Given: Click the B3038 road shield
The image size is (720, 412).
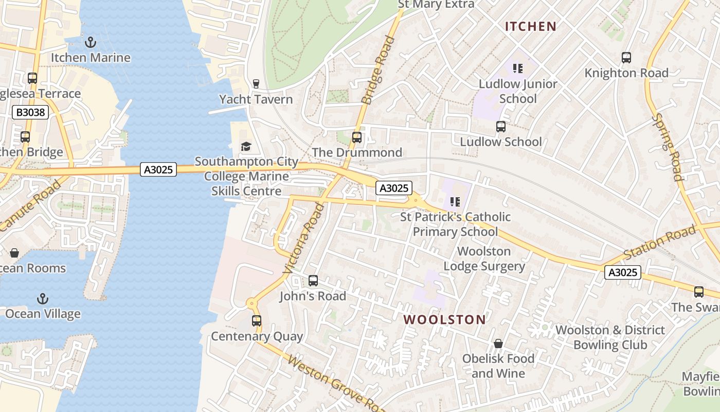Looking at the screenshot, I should pos(30,112).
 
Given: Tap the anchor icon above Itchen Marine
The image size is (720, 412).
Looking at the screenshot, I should pos(91,42).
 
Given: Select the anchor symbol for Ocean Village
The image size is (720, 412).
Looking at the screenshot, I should pos(43,299).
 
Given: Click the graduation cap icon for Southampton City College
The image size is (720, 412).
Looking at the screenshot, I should pos(246,147).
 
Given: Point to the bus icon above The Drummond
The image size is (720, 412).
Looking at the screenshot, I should pos(357,138).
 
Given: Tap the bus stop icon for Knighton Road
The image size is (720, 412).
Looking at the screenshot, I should pos(626,58).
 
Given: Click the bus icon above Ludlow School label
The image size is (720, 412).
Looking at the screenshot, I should pos(500,127).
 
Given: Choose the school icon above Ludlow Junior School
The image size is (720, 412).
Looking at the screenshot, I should pos(518,68).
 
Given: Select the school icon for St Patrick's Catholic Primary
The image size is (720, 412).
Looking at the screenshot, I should pos(455,202).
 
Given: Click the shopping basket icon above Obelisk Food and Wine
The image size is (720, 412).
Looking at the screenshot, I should pos(498,344).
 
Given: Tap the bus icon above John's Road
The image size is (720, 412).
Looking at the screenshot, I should pos(313,281).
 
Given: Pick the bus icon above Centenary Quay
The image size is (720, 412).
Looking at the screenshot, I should pos(256,321).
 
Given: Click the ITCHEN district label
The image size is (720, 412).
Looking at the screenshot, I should pos(531,26).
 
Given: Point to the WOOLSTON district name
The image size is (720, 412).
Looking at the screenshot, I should pos(444,319).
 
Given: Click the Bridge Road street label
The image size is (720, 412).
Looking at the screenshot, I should pos(375,70).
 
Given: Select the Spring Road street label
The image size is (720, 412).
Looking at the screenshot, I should pos(667,147).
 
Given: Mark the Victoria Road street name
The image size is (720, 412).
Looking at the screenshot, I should pos(304,238).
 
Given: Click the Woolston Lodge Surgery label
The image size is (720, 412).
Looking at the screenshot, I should pos(484,259).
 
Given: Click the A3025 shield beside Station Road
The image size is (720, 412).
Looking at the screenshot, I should pos(623,272).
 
